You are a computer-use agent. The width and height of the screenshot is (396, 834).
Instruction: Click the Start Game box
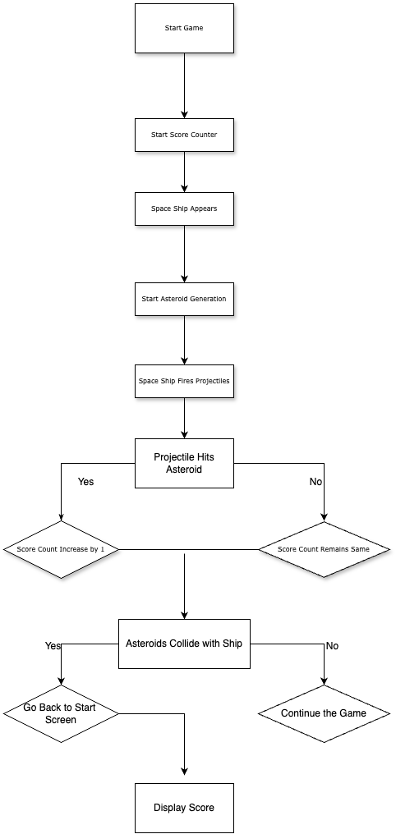[x=184, y=28]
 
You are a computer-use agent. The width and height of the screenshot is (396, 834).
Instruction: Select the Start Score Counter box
[x=184, y=135]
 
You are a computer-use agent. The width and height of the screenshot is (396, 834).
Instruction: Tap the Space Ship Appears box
[x=184, y=208]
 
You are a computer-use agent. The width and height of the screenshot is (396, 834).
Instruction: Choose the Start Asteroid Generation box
[x=184, y=299]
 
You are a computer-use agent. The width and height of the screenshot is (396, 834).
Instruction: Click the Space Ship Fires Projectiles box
[x=184, y=381]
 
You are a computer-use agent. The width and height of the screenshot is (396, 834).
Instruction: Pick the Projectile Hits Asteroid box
[x=184, y=463]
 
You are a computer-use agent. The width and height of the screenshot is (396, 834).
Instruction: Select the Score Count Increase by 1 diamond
[x=62, y=549]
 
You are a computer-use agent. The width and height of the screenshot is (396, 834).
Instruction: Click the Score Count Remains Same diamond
[x=324, y=549]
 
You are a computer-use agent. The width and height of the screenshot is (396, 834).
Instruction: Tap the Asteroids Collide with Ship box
[x=184, y=644]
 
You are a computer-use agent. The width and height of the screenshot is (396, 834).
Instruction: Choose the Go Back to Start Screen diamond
[x=62, y=713]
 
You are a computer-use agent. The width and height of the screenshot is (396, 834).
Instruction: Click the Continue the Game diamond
[x=324, y=713]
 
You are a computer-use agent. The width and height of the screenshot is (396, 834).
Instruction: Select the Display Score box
[x=184, y=808]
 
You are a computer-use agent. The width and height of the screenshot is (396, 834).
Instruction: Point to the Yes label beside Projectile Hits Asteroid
[x=85, y=481]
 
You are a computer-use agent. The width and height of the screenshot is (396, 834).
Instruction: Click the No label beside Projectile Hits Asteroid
[x=316, y=481]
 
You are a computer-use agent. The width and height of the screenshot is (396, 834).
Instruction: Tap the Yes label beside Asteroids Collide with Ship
[x=53, y=646]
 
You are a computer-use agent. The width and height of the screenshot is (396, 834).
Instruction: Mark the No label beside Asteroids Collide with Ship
[x=332, y=646]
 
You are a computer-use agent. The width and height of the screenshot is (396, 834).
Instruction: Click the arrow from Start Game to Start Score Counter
[x=185, y=85]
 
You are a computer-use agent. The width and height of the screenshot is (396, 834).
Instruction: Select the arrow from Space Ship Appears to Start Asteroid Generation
[x=185, y=254]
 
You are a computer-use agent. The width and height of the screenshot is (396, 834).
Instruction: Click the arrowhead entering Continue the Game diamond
[x=324, y=680]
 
